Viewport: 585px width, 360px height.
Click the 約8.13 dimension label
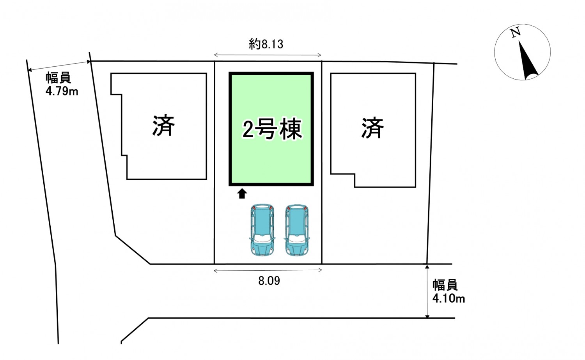pyautogui.click(x=266, y=44)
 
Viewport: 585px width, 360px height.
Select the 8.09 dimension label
pyautogui.click(x=269, y=281)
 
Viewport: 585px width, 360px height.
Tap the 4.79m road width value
pyautogui.click(x=62, y=92)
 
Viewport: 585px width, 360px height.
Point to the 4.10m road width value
pyautogui.click(x=448, y=299)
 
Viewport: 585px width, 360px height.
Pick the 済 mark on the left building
pyautogui.click(x=163, y=126)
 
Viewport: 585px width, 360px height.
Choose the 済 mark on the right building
pyautogui.click(x=372, y=128)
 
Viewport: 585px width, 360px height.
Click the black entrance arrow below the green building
pyautogui.click(x=242, y=193)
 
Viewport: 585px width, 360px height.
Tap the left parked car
pyautogui.click(x=262, y=230)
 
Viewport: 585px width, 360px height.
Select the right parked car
pyautogui.click(x=297, y=230)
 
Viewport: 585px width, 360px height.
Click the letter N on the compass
pyautogui.click(x=516, y=32)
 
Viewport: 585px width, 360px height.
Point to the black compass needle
pyautogui.click(x=528, y=62)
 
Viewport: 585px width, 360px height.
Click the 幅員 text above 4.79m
pyautogui.click(x=58, y=78)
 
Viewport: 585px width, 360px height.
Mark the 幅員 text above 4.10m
pyautogui.click(x=445, y=285)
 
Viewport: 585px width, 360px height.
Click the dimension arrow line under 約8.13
pyautogui.click(x=268, y=55)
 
